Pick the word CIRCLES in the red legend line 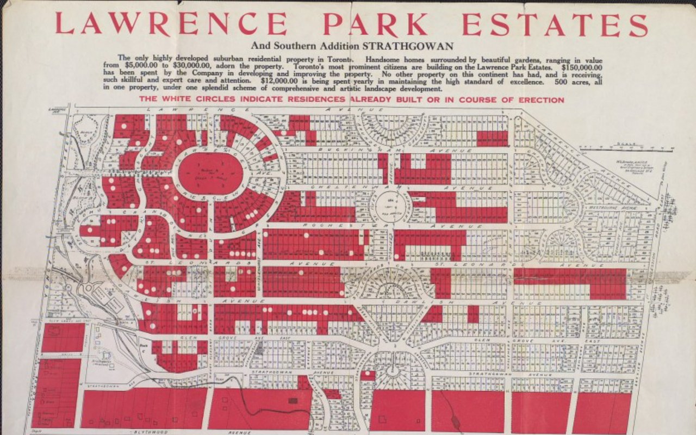(x=206, y=100)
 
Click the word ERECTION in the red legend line (x=539, y=100)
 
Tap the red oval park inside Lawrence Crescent (x=210, y=173)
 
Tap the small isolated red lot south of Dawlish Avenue (x=473, y=314)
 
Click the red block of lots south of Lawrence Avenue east (x=492, y=139)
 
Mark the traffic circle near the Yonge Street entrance (x=88, y=288)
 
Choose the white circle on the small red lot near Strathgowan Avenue (x=368, y=375)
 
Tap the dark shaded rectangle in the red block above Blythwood (x=293, y=400)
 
